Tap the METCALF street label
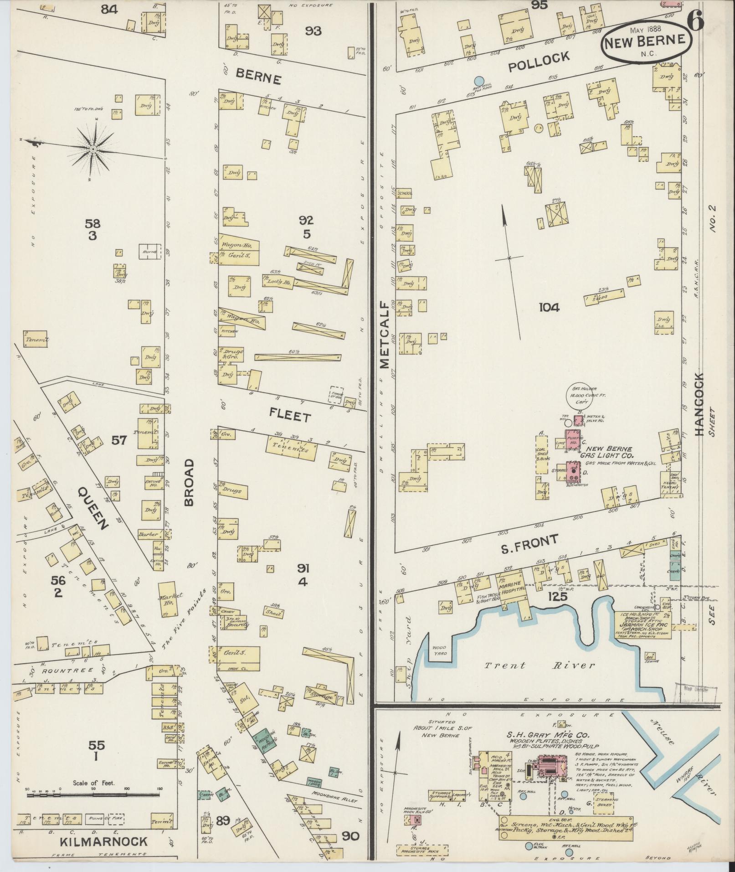click(384, 335)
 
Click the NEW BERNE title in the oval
click(647, 41)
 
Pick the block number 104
click(549, 307)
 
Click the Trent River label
click(540, 666)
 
